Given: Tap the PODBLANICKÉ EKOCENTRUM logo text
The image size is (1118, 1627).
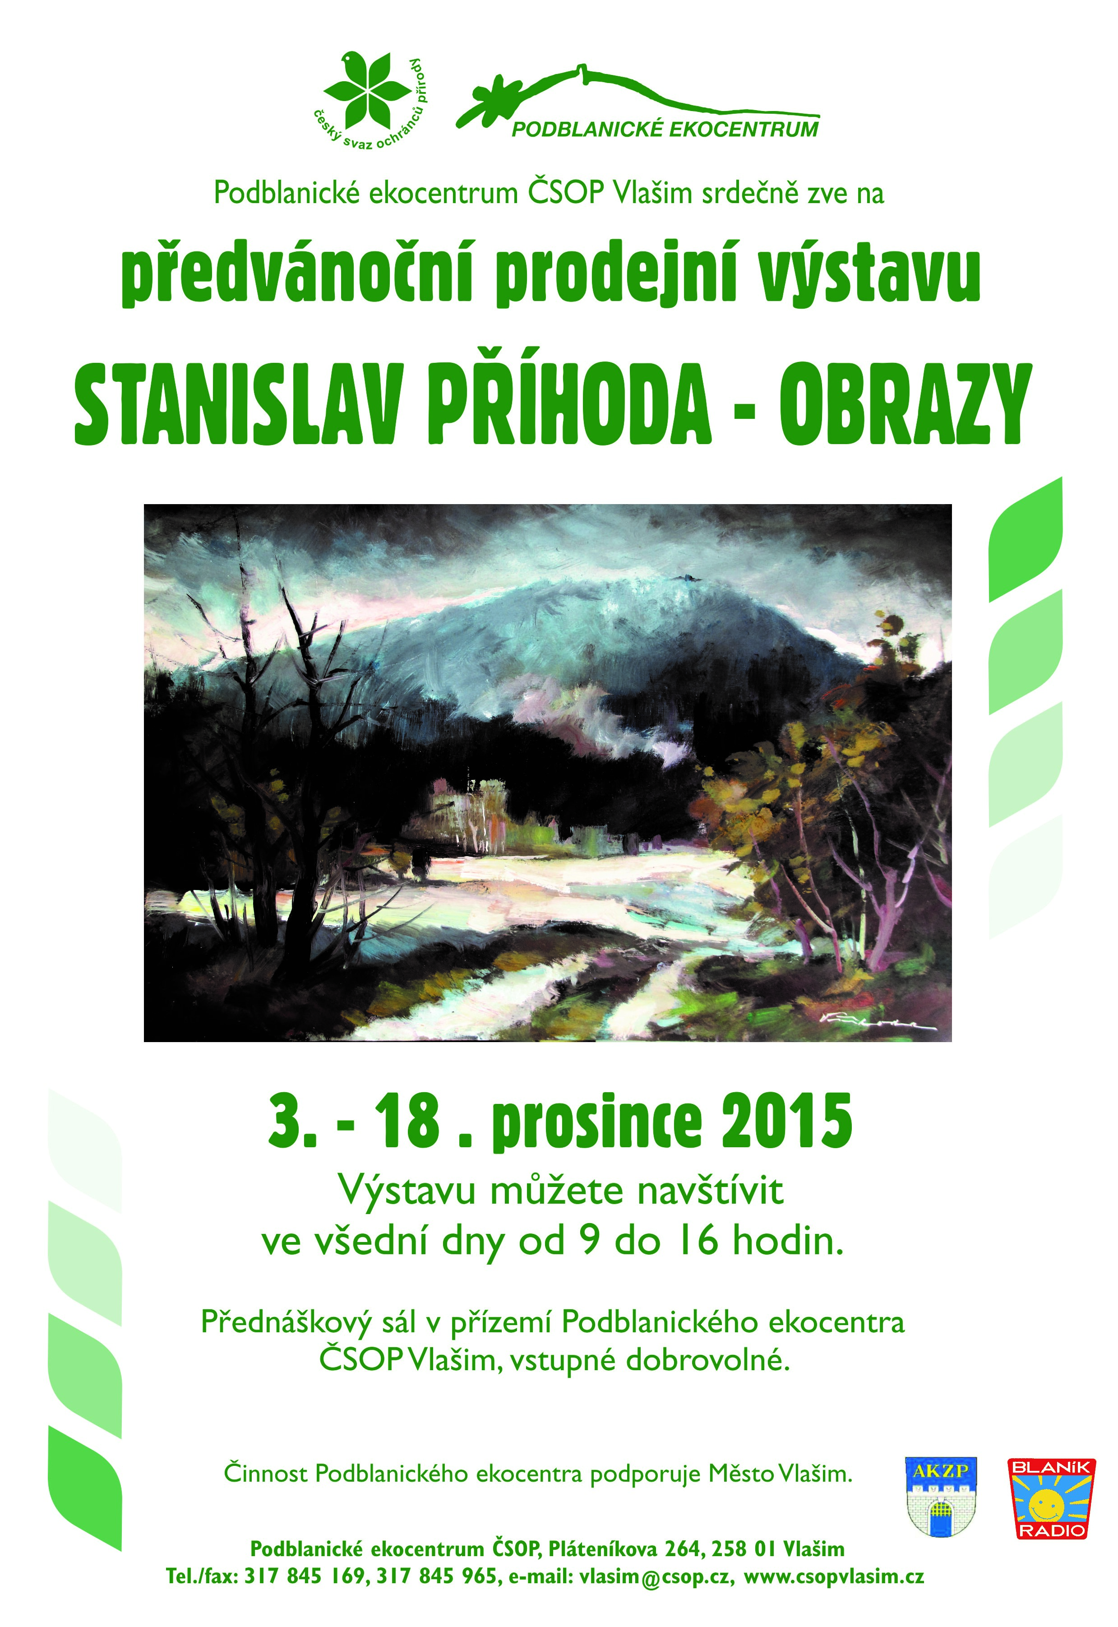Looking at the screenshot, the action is pos(665,130).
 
